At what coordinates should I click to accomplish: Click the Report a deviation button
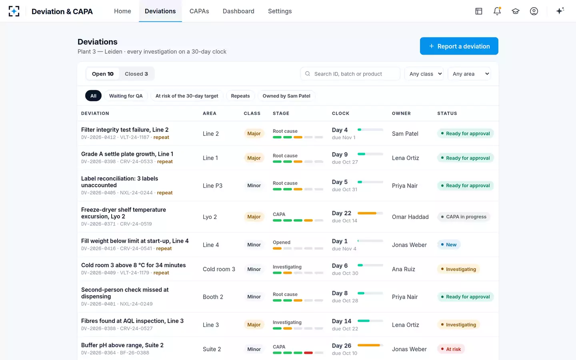coord(459,46)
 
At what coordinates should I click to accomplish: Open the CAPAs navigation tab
coord(199,11)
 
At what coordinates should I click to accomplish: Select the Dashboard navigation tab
coord(238,11)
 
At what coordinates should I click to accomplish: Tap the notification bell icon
coord(497,11)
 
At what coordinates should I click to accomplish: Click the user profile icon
coord(534,11)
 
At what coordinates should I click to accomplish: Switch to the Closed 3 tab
coord(136,74)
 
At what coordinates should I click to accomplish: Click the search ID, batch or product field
coord(350,74)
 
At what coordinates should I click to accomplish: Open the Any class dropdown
coord(424,74)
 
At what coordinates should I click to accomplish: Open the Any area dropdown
coord(470,74)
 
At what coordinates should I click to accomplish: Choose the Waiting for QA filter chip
coord(126,96)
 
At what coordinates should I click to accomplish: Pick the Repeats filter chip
coord(240,96)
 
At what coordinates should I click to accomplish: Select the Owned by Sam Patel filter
coord(286,96)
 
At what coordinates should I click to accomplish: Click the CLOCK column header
coord(340,114)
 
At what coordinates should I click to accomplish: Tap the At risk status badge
coord(451,349)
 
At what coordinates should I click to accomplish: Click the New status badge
coord(449,244)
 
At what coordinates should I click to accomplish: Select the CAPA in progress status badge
coord(464,217)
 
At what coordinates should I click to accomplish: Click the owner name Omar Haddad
coord(410,217)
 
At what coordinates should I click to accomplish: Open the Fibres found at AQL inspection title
coord(132,321)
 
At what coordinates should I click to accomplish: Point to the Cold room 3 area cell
coord(219,269)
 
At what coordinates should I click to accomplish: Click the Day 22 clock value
coord(342,213)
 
